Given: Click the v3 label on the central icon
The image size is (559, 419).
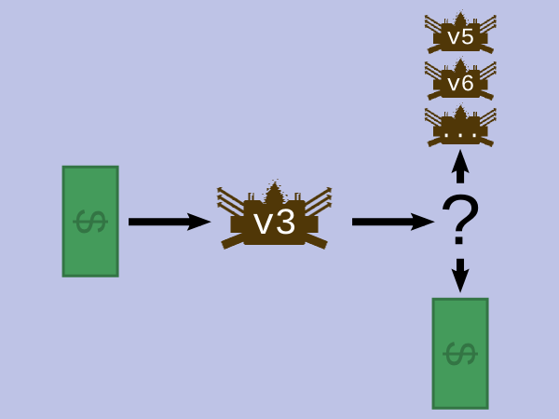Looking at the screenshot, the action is (275, 223).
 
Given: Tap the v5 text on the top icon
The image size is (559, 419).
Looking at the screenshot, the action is (460, 36).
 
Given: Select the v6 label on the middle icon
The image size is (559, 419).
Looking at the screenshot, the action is (460, 83).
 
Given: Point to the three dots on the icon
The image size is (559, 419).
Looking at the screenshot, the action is (460, 135).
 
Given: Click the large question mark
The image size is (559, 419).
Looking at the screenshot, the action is (460, 220).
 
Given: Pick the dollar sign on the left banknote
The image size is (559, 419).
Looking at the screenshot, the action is (90, 222).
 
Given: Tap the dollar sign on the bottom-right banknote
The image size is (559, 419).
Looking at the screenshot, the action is (460, 354).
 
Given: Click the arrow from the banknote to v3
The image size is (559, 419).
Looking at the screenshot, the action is (170, 222).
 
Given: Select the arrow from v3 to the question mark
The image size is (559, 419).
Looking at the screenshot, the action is (393, 222).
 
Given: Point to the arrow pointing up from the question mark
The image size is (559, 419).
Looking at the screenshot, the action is (460, 167).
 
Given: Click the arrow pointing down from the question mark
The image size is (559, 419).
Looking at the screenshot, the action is (460, 276).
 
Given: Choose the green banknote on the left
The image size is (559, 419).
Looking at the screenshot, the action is (90, 222).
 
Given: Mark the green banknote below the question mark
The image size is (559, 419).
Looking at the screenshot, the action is (460, 354).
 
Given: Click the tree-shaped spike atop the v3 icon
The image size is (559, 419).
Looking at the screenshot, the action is (275, 194).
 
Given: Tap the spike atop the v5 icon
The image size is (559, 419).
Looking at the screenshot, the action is (460, 19).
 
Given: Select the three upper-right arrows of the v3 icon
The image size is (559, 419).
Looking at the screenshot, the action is (319, 200).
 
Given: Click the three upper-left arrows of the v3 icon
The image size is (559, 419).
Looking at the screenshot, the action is (231, 200).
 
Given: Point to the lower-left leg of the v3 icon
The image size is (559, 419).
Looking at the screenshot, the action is (233, 241).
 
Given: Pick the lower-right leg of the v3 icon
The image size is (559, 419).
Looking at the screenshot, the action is (316, 241).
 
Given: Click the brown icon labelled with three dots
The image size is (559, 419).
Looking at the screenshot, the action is (460, 127).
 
